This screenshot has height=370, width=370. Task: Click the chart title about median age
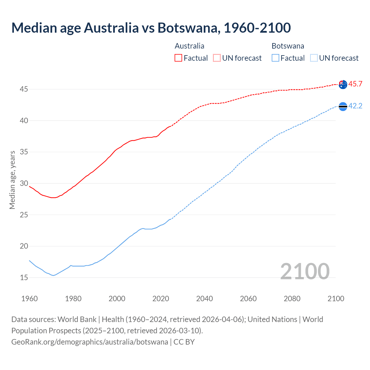[x=151, y=28]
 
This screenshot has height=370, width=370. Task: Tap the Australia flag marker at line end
[x=343, y=84]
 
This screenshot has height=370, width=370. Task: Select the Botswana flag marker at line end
[x=343, y=106]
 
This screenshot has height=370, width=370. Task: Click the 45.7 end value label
[x=355, y=84]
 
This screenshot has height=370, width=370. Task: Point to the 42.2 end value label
[x=355, y=106]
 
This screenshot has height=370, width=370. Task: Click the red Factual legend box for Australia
[x=178, y=58]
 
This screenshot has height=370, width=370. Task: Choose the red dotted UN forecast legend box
[x=217, y=58]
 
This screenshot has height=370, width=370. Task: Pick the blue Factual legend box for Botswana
[x=275, y=58]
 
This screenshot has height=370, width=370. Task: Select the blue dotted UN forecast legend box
[x=314, y=58]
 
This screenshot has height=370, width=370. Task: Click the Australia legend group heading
[x=189, y=46]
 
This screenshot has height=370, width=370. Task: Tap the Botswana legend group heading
[x=288, y=46]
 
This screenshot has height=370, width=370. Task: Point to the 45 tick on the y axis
[x=24, y=89]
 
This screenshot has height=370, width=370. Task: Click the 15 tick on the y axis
[x=24, y=277]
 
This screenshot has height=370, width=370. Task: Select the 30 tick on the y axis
[x=24, y=183]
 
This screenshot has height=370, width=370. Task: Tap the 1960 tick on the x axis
[x=29, y=299]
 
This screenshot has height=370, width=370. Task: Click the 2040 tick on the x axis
[x=204, y=299]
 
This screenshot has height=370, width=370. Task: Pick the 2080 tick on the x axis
[x=292, y=299]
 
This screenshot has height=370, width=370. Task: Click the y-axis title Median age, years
[x=12, y=180]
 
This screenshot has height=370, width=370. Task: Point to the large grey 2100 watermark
[x=305, y=271]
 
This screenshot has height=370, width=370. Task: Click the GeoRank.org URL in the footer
[x=90, y=342]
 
